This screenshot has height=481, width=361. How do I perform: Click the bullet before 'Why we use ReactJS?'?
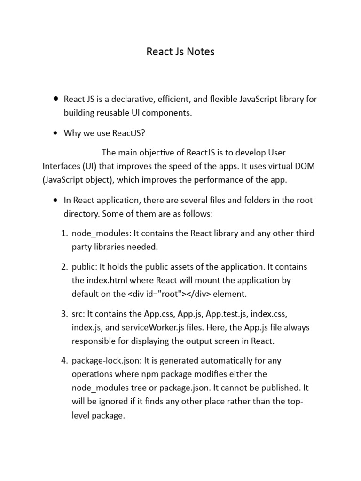coord(56,133)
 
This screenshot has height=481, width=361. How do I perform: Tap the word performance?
coord(212,179)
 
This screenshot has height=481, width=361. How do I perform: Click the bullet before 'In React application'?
coord(56,200)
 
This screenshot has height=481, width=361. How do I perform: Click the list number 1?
coord(65,233)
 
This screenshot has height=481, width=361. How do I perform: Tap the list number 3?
coord(65,314)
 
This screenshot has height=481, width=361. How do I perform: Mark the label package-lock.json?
coord(106,361)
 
